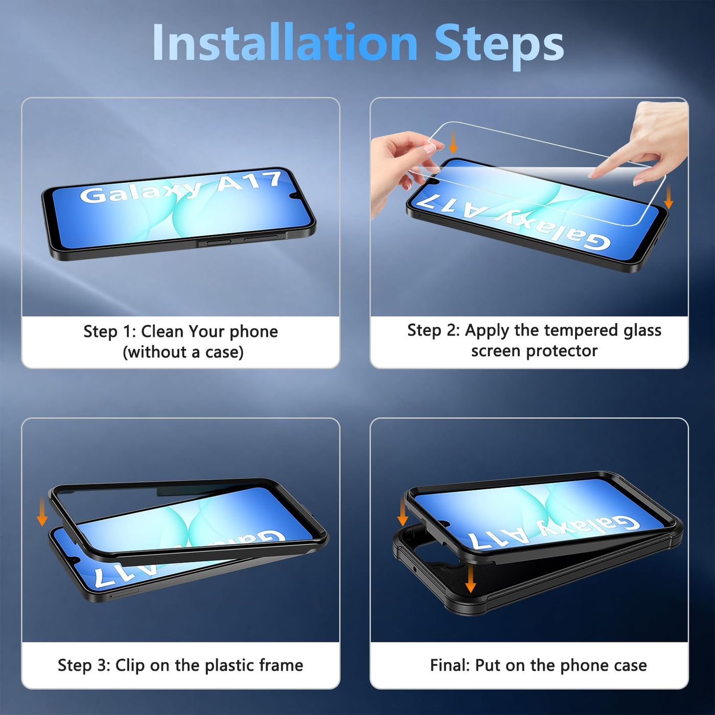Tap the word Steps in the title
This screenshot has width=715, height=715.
pos(499,45)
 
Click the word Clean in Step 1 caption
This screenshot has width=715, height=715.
pos(161,331)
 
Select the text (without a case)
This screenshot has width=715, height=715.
pos(183,352)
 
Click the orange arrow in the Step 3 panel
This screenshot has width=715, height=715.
pos(42,512)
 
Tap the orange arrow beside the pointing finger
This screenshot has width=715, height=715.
pos(668,197)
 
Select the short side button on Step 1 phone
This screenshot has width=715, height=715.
pos(214,243)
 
